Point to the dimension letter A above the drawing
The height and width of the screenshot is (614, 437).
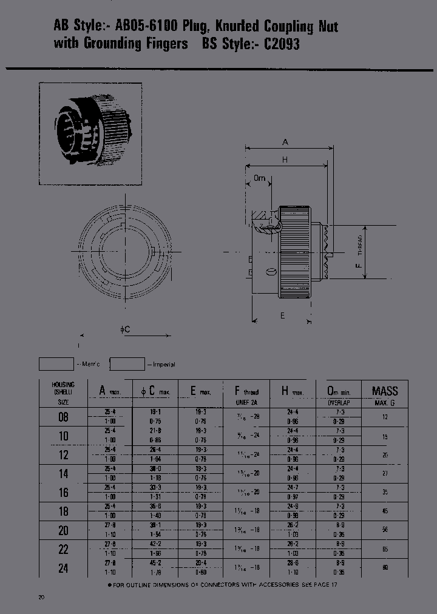pos(285,142)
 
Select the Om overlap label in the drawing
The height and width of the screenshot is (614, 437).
pos(259,178)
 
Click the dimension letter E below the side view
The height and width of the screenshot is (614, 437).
pos(282,315)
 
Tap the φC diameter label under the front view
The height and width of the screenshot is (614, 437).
pos(125,329)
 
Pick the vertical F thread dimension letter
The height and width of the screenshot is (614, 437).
pos(359,264)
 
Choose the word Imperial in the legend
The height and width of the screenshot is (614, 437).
pos(163,364)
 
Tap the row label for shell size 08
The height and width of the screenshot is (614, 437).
pos(63,417)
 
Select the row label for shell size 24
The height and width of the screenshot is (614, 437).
pos(63,568)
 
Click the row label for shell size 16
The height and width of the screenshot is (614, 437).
pos(63,493)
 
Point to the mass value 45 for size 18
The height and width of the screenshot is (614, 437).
pos(385,511)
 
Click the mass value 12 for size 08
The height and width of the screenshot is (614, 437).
pos(385,417)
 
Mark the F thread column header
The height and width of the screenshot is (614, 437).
pos(247,391)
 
